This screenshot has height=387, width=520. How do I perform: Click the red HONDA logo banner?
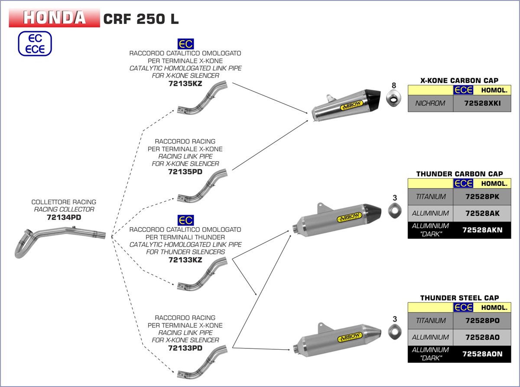(x=55, y=17)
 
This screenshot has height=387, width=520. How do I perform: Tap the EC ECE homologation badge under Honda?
(x=35, y=43)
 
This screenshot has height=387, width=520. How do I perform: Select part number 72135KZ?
(x=185, y=84)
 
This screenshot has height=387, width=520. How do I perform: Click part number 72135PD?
(x=185, y=172)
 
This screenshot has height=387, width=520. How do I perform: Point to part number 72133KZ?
(x=185, y=260)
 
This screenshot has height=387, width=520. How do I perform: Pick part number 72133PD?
(x=185, y=348)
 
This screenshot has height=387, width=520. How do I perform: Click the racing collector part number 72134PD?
(x=64, y=217)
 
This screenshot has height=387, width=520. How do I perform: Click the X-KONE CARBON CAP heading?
(x=459, y=80)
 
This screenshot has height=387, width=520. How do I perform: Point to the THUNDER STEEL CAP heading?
(x=459, y=298)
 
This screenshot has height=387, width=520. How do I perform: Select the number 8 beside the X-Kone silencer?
(x=394, y=85)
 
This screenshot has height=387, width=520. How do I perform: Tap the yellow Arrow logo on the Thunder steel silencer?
(x=350, y=336)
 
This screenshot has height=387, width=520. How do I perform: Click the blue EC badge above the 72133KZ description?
(x=186, y=220)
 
